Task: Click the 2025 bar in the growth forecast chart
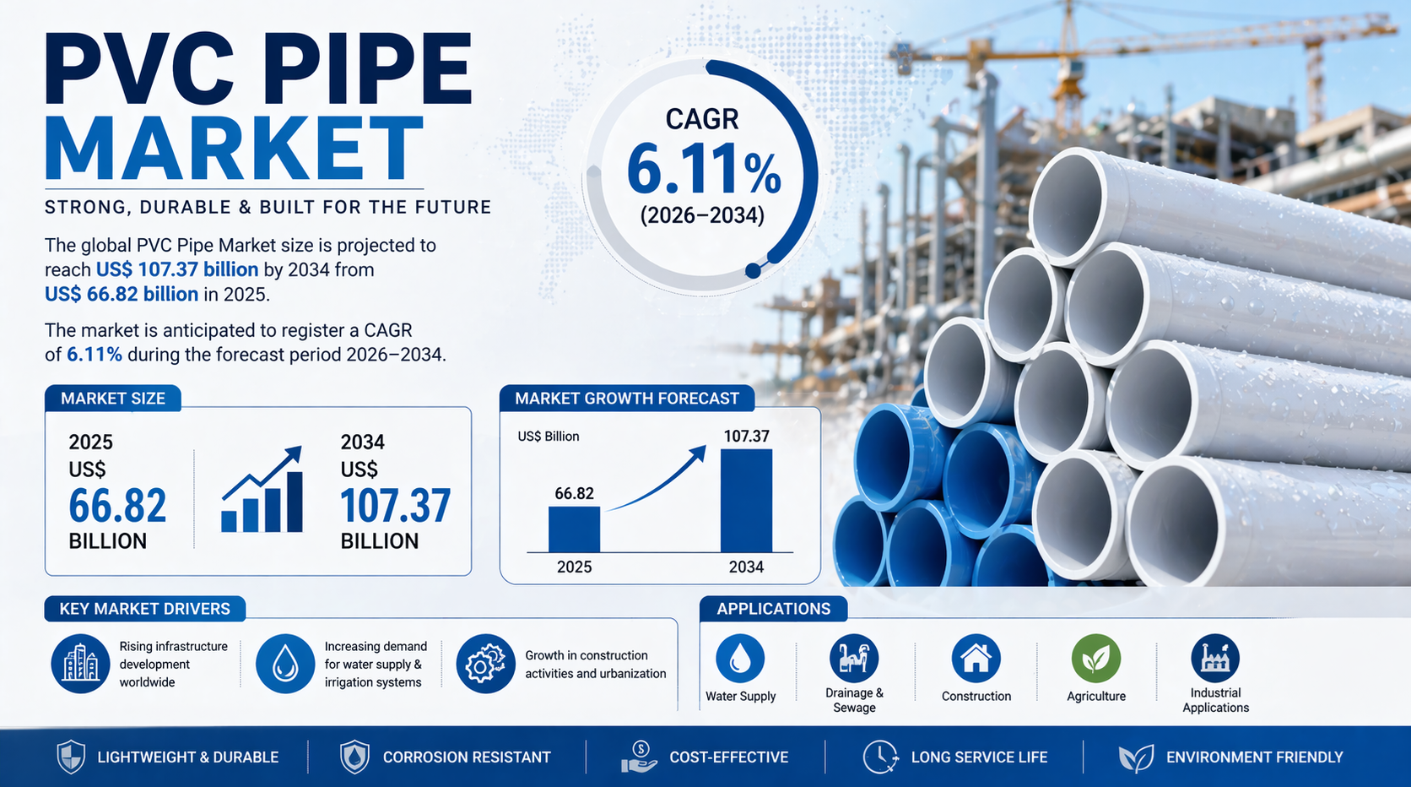click(574, 529)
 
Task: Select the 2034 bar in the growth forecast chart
click(746, 501)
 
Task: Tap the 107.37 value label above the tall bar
click(747, 436)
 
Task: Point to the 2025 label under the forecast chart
click(574, 567)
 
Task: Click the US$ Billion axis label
click(548, 436)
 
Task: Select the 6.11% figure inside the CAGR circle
click(704, 168)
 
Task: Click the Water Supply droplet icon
click(740, 659)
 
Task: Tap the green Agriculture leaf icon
click(1096, 659)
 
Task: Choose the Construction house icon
click(976, 659)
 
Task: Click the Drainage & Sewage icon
click(854, 659)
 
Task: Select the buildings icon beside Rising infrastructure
click(81, 664)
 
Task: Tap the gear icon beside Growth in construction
click(485, 664)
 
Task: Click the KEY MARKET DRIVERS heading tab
click(145, 609)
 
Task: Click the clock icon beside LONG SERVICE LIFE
click(880, 757)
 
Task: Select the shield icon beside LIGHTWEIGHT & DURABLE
click(71, 757)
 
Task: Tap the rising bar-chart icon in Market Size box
click(262, 490)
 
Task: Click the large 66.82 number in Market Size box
click(118, 505)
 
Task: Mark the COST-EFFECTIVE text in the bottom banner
click(729, 757)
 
